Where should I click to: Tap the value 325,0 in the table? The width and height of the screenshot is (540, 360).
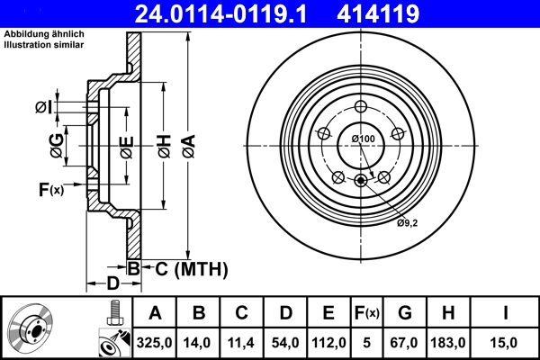[x=155, y=342]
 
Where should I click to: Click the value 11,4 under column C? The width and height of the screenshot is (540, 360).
[x=242, y=342]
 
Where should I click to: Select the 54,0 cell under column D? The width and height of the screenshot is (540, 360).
[x=285, y=342]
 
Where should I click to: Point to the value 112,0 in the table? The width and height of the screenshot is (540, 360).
[x=328, y=342]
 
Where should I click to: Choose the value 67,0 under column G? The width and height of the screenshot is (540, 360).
[x=404, y=342]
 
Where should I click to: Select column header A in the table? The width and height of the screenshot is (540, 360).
[x=155, y=313]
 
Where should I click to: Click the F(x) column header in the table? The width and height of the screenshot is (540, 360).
[x=367, y=313]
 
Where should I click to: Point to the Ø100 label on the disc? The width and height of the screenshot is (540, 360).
[x=363, y=139]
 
